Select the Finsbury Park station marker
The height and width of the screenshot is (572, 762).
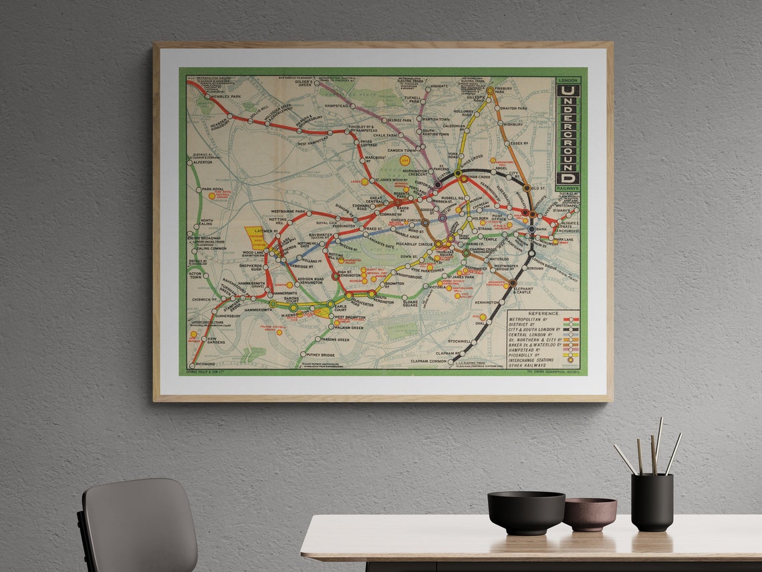coord(490,90)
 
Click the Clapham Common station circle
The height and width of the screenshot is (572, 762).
coord(451,361)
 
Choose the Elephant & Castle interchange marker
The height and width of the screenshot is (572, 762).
coord(512,283)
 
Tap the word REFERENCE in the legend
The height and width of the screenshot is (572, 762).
coord(543,313)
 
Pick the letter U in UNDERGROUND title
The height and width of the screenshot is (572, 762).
coord(567,91)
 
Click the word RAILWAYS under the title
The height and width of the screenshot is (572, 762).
coord(567,189)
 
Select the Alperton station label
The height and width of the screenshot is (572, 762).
coord(203,162)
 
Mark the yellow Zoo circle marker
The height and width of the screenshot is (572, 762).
coord(404,161)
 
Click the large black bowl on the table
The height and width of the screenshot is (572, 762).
coord(525,512)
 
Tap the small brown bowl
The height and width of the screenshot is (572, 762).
coord(589,513)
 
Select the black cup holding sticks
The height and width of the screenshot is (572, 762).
coord(651,502)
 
